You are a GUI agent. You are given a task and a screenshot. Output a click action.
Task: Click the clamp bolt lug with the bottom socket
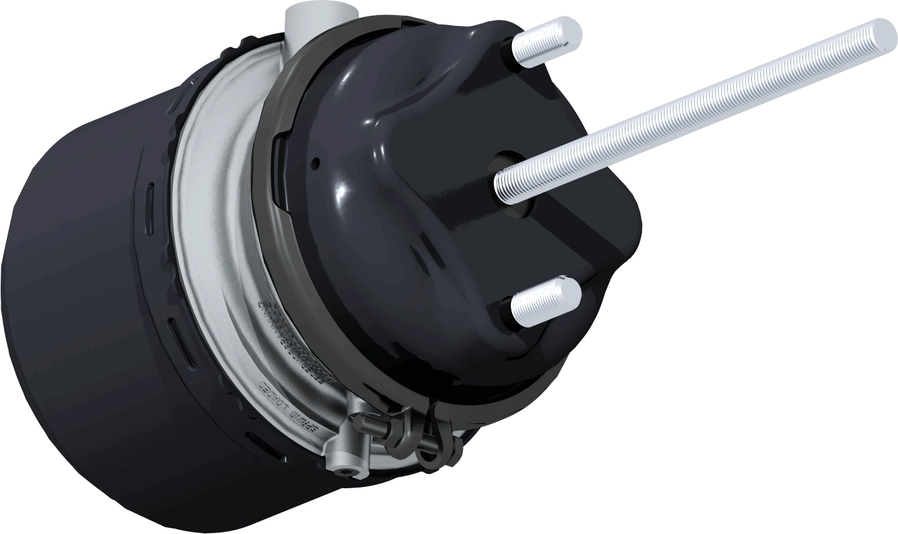pyautogui.click(x=339, y=459)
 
